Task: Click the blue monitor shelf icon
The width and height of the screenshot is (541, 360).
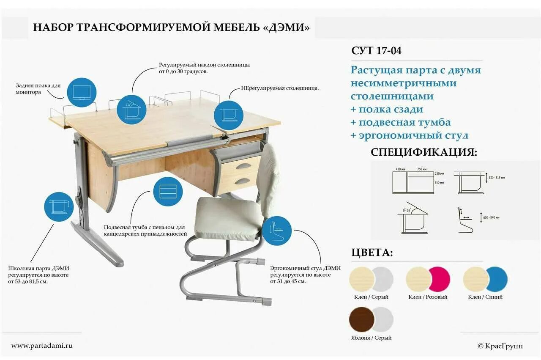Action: (82, 92)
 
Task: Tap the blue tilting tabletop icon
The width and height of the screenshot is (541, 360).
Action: (131, 109)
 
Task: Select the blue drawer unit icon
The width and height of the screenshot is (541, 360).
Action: (168, 192)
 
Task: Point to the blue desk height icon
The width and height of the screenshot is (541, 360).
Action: (59, 206)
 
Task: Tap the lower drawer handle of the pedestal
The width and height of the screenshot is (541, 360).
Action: (242, 181)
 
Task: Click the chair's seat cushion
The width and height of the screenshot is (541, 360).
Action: (228, 217)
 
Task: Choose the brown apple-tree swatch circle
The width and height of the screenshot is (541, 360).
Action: (362, 320)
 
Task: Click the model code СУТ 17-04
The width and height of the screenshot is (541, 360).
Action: (376, 51)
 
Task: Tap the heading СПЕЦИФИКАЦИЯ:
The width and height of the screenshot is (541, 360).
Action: (424, 152)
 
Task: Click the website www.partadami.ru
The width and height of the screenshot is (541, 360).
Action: (42, 346)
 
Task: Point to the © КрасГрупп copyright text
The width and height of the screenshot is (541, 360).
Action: (500, 346)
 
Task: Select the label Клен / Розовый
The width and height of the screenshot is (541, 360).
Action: (428, 297)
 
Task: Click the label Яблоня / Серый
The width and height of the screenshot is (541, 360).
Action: (372, 338)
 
